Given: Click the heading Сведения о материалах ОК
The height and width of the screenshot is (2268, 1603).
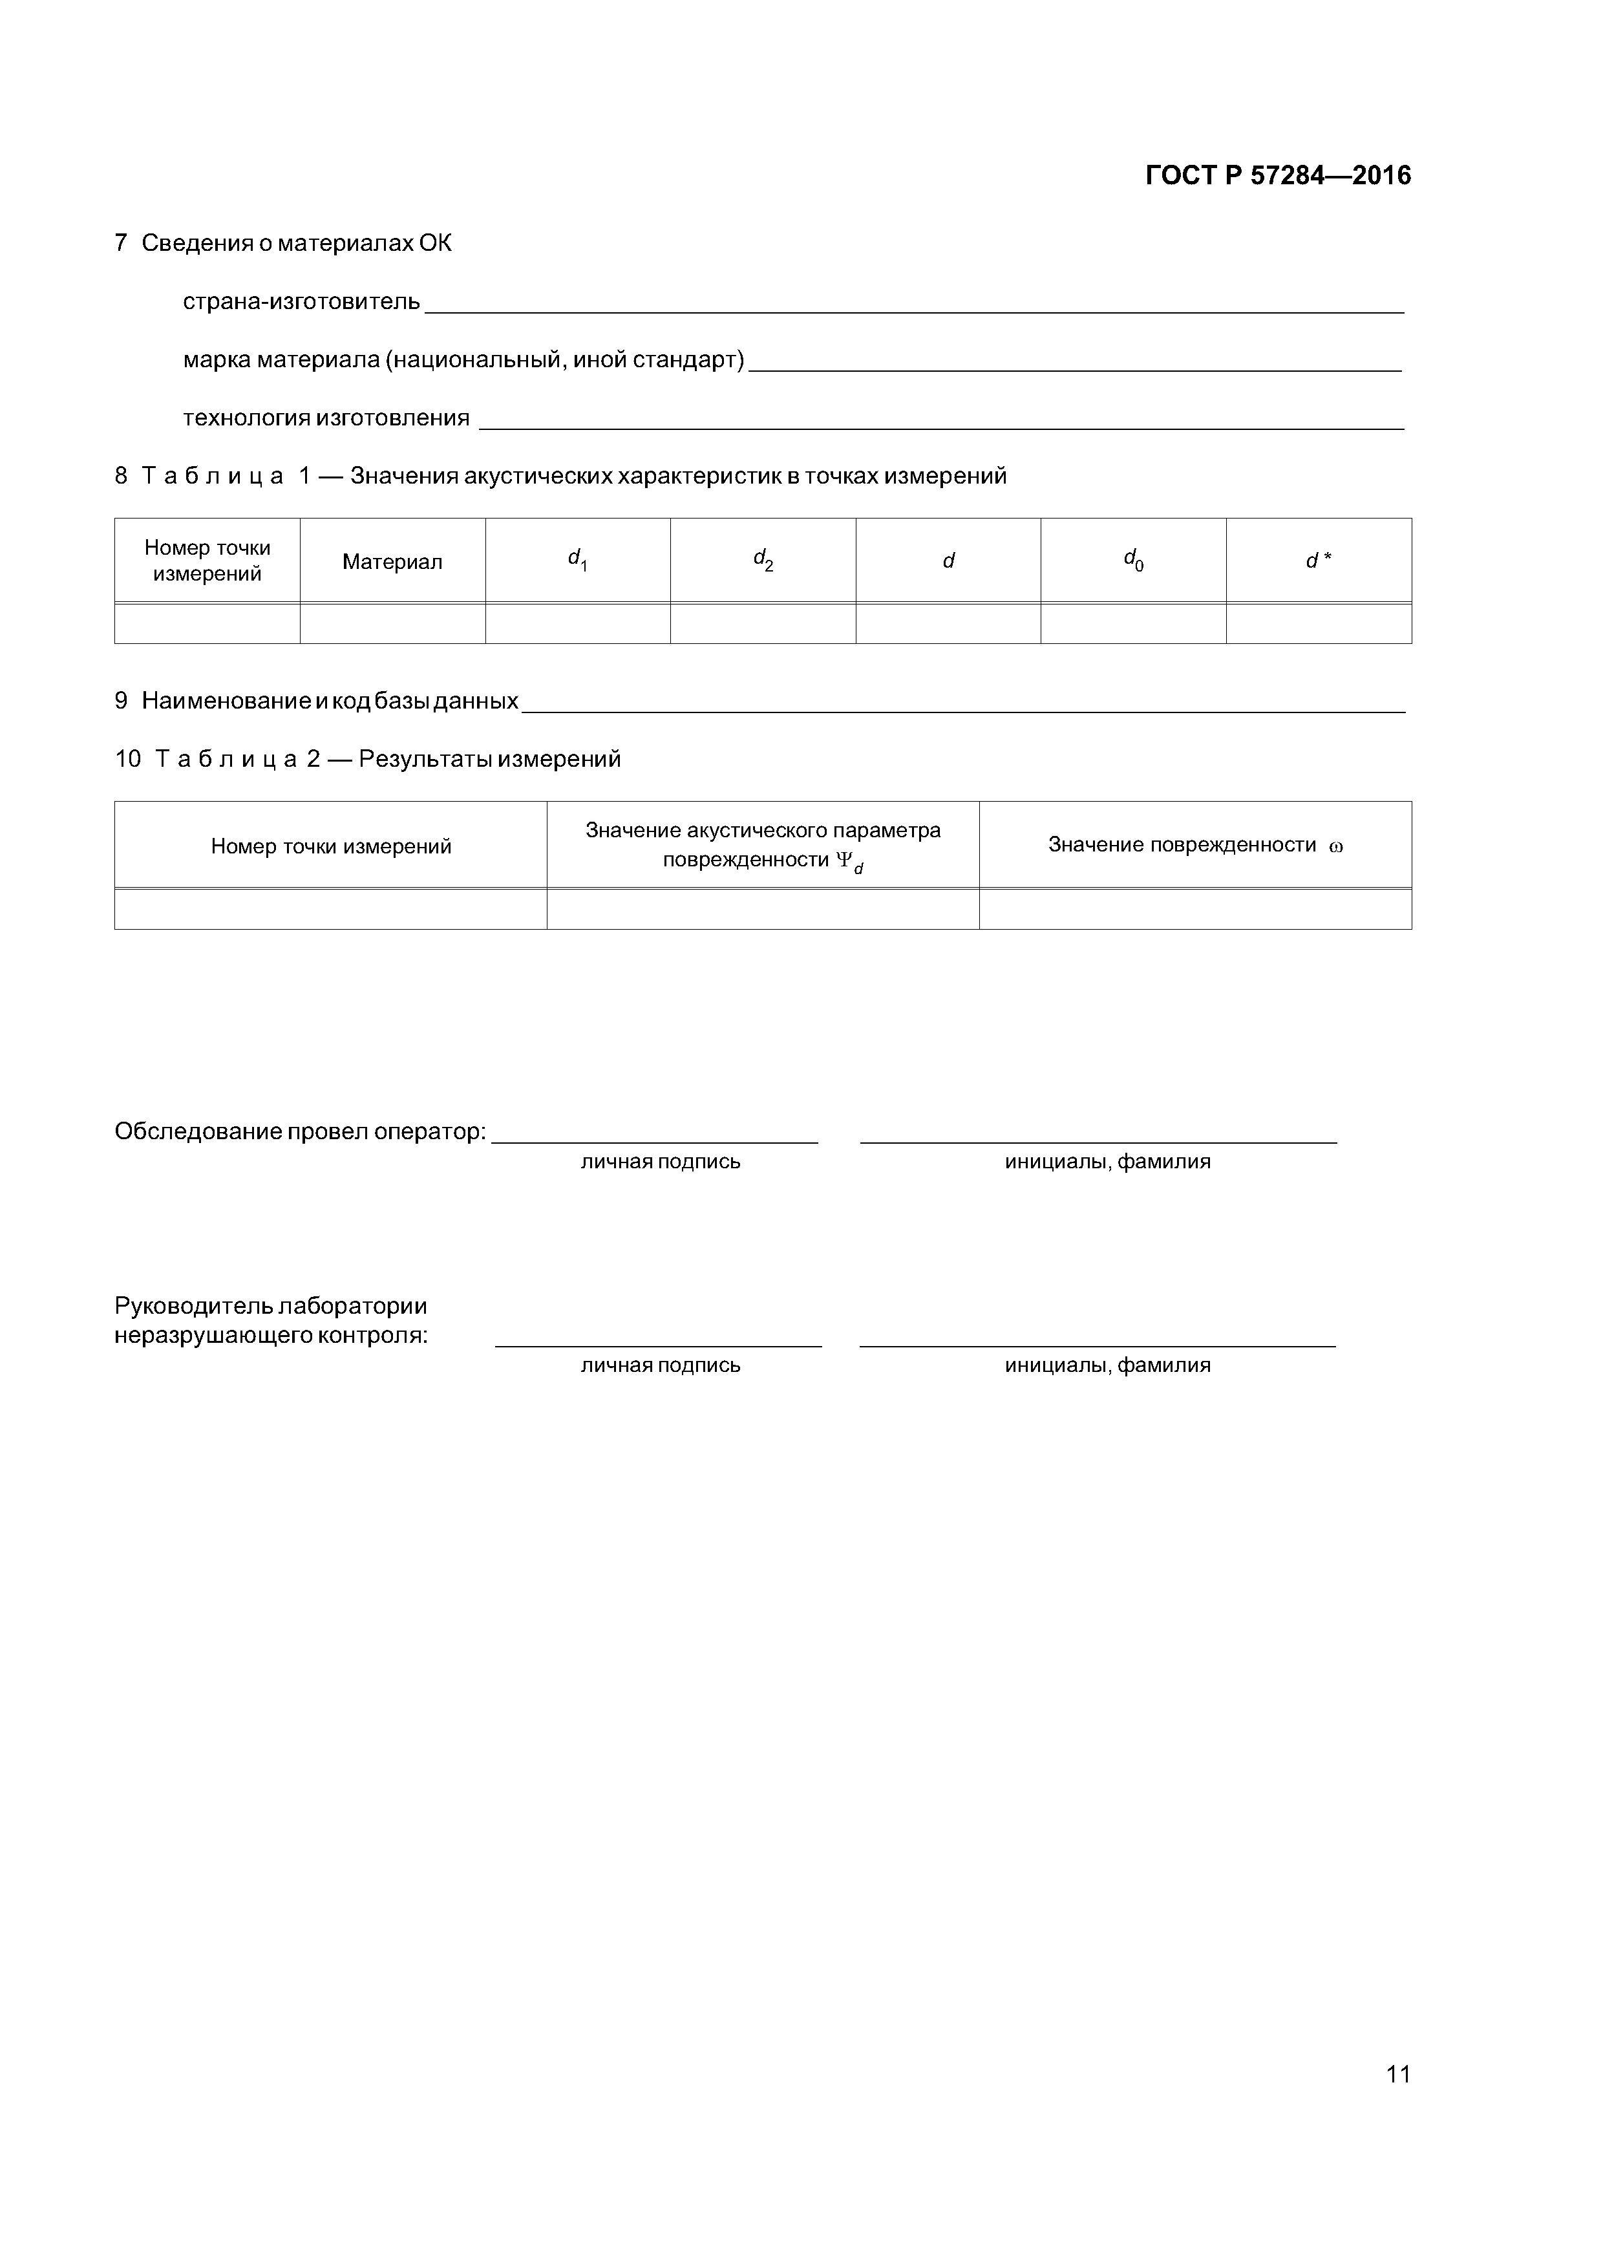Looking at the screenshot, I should pyautogui.click(x=296, y=243).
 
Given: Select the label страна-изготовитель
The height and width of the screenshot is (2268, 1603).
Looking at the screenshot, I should pyautogui.click(x=301, y=301).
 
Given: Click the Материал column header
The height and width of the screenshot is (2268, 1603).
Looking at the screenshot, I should pyautogui.click(x=392, y=562).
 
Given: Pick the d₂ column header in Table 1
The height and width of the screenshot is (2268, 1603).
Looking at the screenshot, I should pyautogui.click(x=763, y=560).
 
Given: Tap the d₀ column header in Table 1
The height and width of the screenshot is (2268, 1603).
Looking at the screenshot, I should pyautogui.click(x=1133, y=560).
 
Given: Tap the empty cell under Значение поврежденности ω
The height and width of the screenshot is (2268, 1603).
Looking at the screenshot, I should pyautogui.click(x=1195, y=909).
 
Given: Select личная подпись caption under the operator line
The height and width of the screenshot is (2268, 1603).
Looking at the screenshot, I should pyautogui.click(x=660, y=1162).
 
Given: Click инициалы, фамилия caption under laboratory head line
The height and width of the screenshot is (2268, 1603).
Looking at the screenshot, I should pyautogui.click(x=1107, y=1365).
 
